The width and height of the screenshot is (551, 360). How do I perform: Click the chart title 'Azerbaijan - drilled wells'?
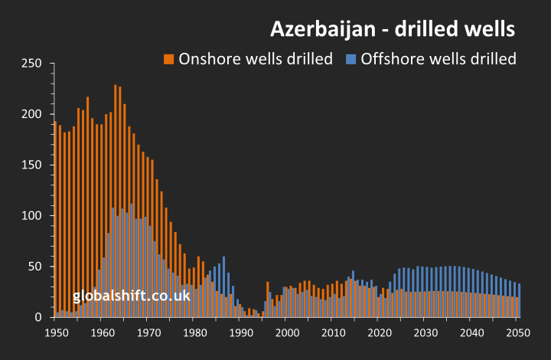(393, 29)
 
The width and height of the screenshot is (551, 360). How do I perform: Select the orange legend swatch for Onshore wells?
(169, 59)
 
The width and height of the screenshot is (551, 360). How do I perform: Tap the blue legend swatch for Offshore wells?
(351, 59)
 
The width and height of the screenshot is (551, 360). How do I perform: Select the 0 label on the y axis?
(37, 317)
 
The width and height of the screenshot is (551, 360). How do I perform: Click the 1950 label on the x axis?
(56, 332)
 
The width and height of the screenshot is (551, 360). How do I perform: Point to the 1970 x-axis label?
(148, 332)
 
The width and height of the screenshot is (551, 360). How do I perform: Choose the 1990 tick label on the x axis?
(240, 332)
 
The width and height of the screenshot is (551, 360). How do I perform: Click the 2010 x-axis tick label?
(333, 332)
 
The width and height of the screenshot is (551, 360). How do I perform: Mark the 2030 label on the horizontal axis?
(425, 332)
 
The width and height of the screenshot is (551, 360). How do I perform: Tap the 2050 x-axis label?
(518, 332)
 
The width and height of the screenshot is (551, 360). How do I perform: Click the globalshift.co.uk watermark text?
(132, 296)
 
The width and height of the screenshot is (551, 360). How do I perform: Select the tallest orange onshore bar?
(116, 199)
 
